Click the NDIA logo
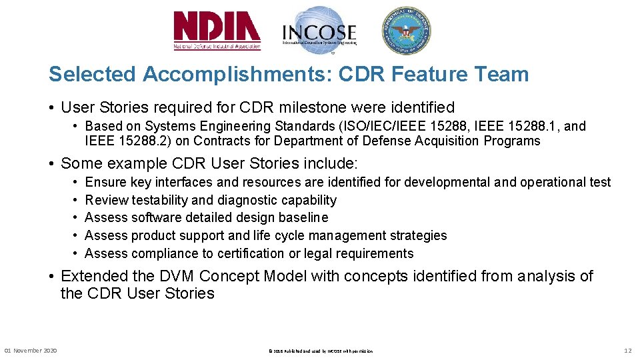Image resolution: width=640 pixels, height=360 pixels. pos(217,31)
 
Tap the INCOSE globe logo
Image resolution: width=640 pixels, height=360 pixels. pos(319,31)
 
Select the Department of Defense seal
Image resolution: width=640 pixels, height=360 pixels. pos(406,31)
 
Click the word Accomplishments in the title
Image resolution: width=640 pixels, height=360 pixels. pos(238,74)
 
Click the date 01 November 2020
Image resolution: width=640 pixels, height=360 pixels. pos(31,351)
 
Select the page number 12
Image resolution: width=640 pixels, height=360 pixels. pos(627,351)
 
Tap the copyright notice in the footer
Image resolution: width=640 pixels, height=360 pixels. pos(320,351)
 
